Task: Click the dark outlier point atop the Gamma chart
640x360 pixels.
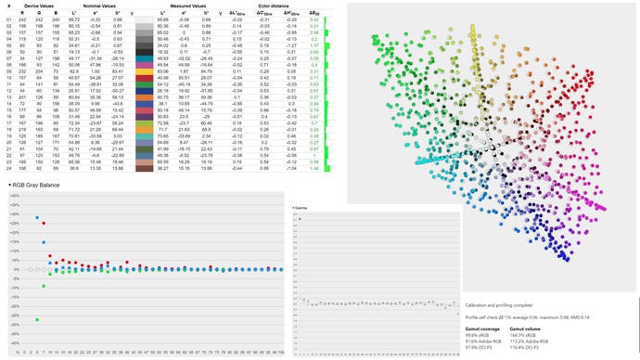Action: [300, 219]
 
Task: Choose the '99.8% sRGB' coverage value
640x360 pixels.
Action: [477, 335]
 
